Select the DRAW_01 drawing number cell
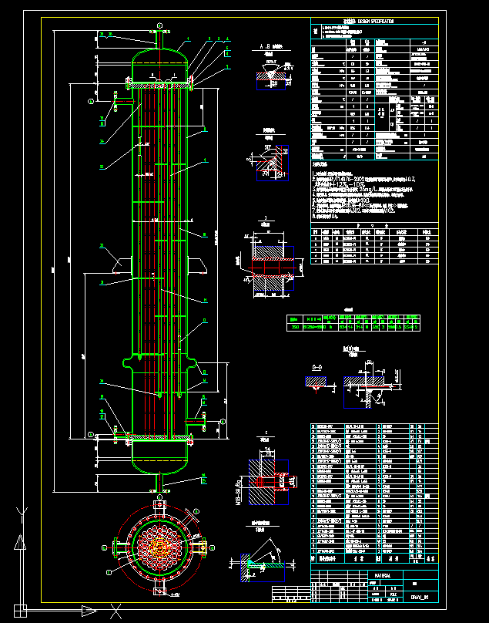coord(419,596)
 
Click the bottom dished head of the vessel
coord(160,463)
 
